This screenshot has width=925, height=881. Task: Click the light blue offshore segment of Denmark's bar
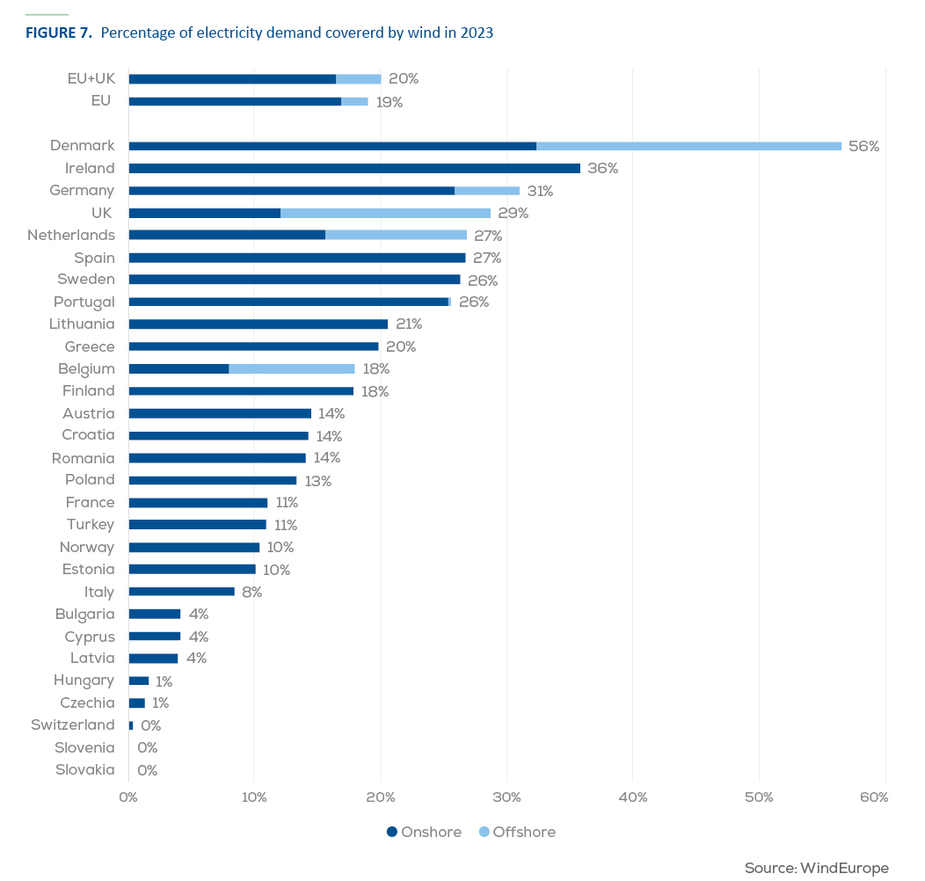pyautogui.click(x=689, y=146)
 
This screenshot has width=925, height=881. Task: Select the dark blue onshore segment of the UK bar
pyautogui.click(x=205, y=213)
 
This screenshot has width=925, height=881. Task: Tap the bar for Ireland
pyautogui.click(x=354, y=168)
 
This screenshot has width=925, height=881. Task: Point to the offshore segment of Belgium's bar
pyautogui.click(x=292, y=368)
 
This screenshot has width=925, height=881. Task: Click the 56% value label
pyautogui.click(x=863, y=146)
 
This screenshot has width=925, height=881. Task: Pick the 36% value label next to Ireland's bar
pyautogui.click(x=603, y=168)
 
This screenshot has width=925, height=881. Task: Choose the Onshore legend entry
pyautogui.click(x=424, y=832)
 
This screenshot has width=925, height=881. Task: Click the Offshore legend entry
pyautogui.click(x=517, y=832)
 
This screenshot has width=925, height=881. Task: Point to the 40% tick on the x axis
pyautogui.click(x=633, y=797)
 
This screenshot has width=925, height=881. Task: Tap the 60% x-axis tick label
pyautogui.click(x=874, y=797)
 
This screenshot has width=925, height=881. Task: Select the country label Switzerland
pyautogui.click(x=73, y=724)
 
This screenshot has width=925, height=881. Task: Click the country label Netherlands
pyautogui.click(x=71, y=235)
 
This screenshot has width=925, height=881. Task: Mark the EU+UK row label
pyautogui.click(x=91, y=78)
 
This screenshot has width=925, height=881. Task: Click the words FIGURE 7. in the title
pyautogui.click(x=59, y=33)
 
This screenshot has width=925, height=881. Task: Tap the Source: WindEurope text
pyautogui.click(x=817, y=868)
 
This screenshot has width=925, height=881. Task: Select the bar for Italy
pyautogui.click(x=182, y=591)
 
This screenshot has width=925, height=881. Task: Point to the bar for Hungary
pyautogui.click(x=139, y=681)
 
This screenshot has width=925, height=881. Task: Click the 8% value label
pyautogui.click(x=251, y=592)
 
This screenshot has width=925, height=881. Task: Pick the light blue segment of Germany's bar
pyautogui.click(x=487, y=191)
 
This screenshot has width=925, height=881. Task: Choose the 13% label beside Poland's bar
pyautogui.click(x=318, y=481)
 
